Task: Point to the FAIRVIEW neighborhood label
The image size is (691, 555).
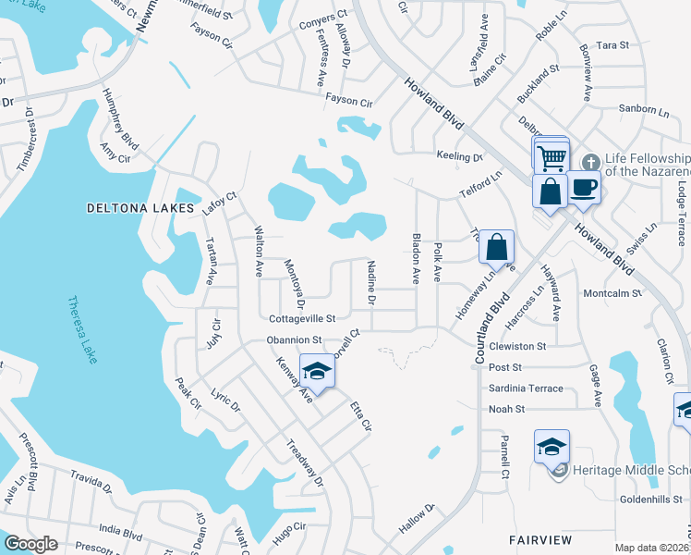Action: click(x=540, y=539)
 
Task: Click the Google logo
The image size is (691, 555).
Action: click(x=30, y=544)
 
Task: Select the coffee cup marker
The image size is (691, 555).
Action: click(x=584, y=187)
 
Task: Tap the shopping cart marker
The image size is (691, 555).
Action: click(x=552, y=158)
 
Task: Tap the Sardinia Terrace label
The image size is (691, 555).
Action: click(x=526, y=388)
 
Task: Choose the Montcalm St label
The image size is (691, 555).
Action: click(x=612, y=293)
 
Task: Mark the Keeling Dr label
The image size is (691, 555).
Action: click(x=459, y=157)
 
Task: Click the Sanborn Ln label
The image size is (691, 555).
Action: click(x=643, y=110)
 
